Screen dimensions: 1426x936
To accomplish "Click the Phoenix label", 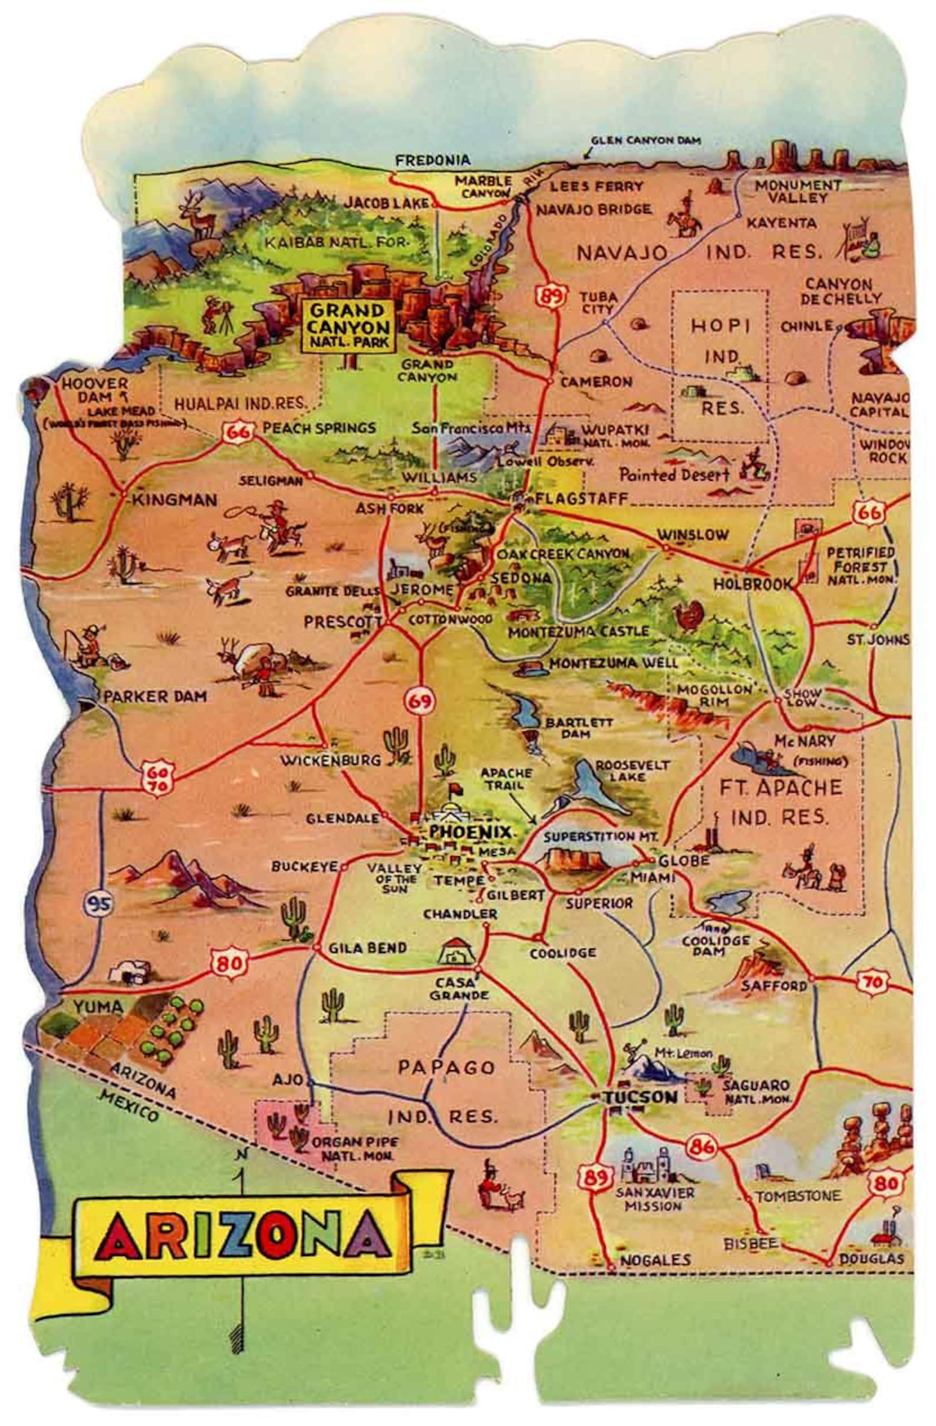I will pos(470,833).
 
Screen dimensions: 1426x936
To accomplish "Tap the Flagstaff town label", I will pos(581,498).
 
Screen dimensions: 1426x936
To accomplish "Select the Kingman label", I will pos(174,500).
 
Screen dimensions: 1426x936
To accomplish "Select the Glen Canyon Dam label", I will pos(646,141).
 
